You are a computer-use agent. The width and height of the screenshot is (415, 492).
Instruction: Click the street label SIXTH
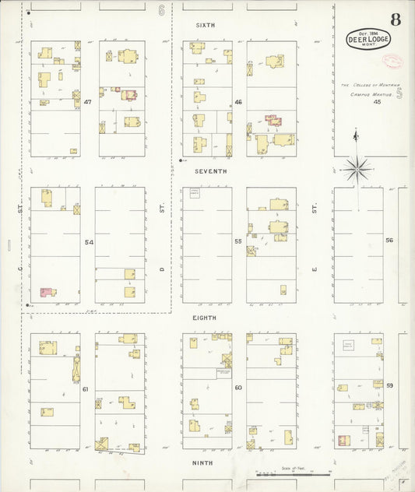[206, 26]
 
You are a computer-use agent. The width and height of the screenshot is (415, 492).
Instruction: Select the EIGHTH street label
[206, 318]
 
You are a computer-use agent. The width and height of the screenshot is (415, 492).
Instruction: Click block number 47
[88, 102]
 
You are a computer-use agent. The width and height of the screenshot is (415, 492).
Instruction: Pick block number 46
[238, 102]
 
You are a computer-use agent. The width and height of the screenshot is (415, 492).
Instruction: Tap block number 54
[89, 242]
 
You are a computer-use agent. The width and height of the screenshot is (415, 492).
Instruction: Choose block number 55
[238, 242]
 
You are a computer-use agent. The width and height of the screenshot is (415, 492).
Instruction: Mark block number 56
[389, 241]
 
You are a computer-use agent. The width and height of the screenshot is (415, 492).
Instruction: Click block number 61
[86, 388]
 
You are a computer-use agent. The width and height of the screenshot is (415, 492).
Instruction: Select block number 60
[238, 387]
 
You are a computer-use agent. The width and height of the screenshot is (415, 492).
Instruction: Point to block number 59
[389, 385]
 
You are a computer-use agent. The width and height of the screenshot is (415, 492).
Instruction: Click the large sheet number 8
[396, 18]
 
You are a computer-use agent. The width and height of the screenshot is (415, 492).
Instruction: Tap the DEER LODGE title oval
[369, 39]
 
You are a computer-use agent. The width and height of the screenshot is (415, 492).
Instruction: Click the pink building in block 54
[47, 293]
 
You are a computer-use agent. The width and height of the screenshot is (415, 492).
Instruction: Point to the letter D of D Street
[163, 269]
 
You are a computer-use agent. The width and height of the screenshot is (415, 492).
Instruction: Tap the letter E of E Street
[314, 269]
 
